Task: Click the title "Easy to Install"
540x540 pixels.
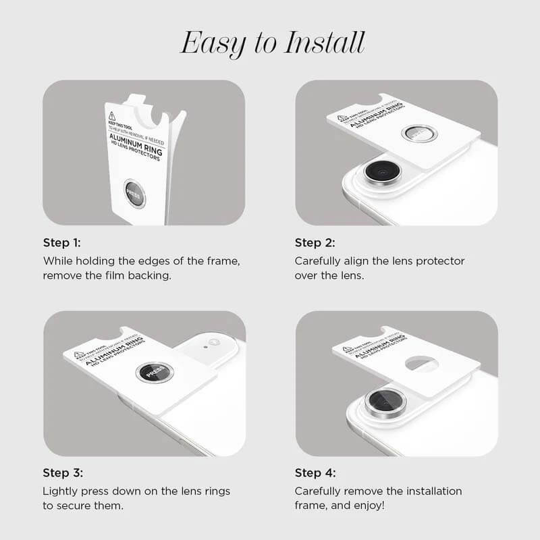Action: coord(272,43)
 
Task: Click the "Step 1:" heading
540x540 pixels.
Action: coord(61,243)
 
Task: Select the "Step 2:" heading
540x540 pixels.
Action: coord(315,243)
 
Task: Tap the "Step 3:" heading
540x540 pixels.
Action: coord(61,473)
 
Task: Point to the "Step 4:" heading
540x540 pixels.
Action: coord(315,473)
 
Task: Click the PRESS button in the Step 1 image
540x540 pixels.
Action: coord(135,194)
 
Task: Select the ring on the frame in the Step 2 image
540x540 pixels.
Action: coord(419,133)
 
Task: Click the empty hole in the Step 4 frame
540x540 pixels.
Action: coord(421,364)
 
